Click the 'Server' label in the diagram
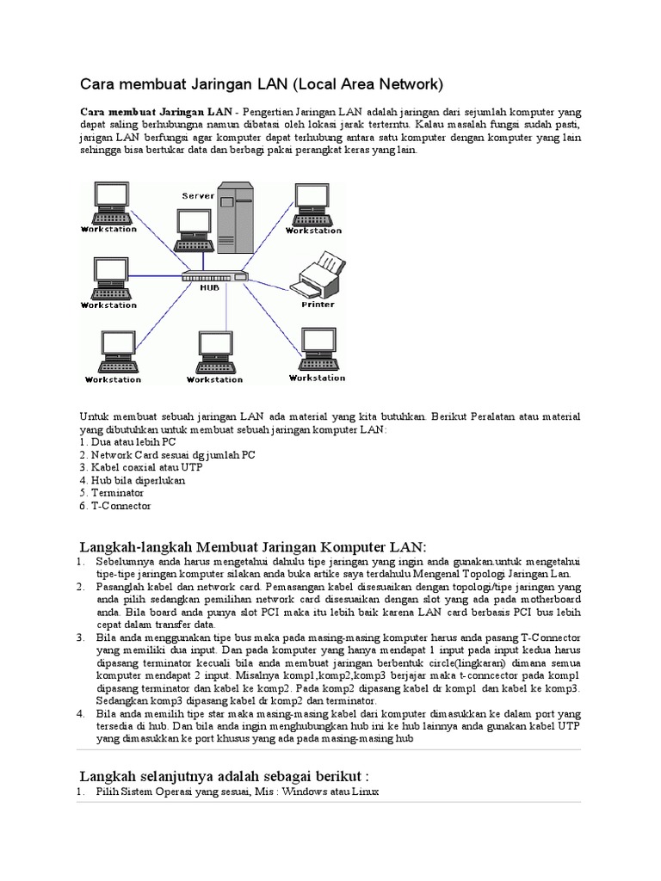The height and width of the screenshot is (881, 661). (x=198, y=196)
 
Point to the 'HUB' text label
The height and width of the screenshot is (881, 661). (x=209, y=288)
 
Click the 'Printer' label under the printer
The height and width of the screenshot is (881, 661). (x=318, y=305)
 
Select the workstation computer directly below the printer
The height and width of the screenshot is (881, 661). (x=316, y=348)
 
